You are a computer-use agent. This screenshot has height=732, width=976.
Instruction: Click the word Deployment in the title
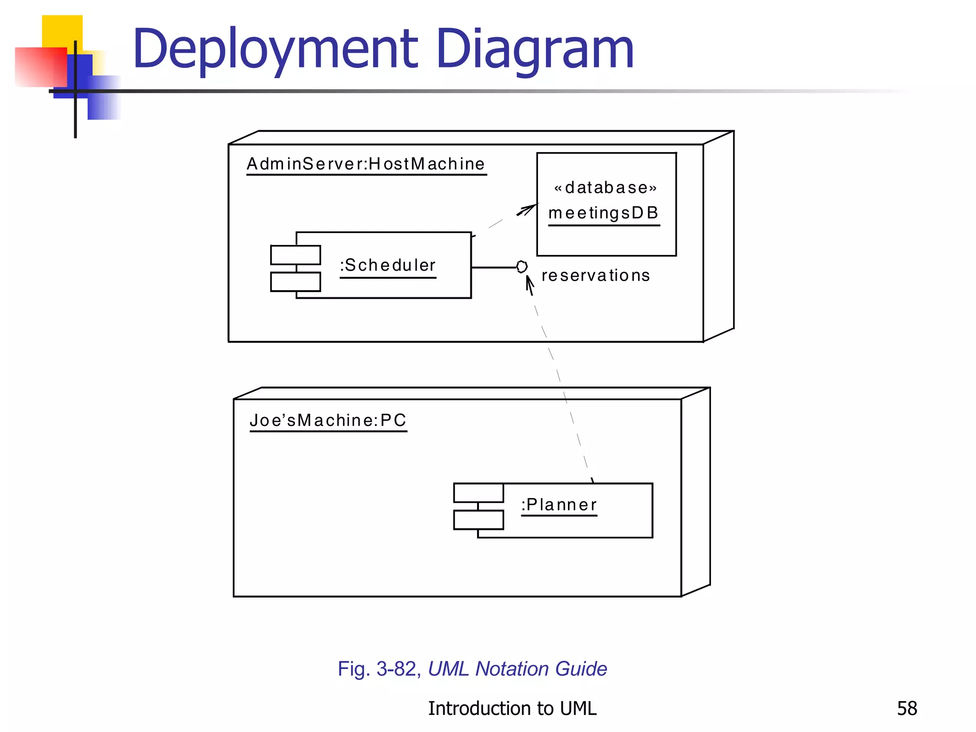pos(275,49)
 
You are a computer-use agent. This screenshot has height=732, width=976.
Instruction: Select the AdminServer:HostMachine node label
pos(366,164)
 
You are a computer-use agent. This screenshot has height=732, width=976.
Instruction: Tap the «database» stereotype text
pos(605,188)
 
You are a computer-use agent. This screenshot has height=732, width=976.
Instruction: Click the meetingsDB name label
pos(604,213)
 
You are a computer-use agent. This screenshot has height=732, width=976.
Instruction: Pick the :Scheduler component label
pos(388,265)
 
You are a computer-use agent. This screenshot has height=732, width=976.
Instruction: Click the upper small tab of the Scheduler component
pos(295,255)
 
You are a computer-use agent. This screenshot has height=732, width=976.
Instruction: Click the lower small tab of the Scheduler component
pos(295,282)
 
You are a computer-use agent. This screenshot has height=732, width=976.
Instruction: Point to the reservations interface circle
pos(522,267)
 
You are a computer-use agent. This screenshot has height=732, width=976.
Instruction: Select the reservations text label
pos(596,275)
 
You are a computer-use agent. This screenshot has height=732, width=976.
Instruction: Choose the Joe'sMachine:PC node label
pos(328,420)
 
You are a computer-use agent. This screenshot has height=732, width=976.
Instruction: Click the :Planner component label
pos(559,505)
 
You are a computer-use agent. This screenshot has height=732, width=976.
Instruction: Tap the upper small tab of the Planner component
pos(478,493)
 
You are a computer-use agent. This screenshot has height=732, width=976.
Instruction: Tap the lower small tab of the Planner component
pos(478,520)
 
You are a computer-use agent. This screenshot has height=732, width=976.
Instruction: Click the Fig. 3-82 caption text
pos(472,669)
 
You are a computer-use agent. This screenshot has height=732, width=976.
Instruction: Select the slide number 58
pos(907,709)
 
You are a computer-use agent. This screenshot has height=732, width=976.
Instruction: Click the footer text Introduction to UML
pos(512,709)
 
